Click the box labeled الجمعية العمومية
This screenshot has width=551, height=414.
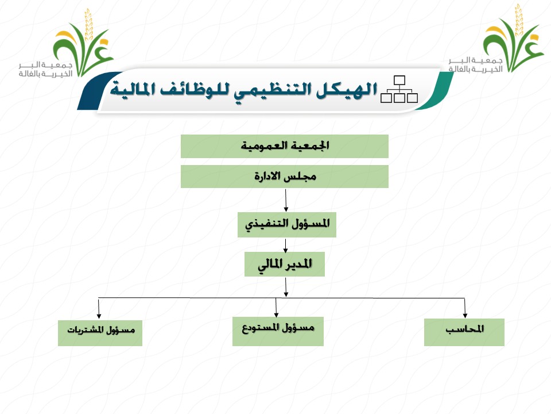pos(284,146)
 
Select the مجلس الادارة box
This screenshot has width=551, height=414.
pos(284,177)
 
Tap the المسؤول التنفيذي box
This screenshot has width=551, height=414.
pos(287,225)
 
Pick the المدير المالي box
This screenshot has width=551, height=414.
pos(285,264)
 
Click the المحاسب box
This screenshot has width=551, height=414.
pos(464,332)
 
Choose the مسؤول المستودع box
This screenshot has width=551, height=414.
pos(278,331)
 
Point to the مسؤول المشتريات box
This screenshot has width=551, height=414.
pos(100,333)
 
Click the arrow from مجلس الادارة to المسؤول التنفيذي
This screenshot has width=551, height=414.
pos(286,200)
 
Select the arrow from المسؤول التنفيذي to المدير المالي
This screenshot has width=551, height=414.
pos(285,246)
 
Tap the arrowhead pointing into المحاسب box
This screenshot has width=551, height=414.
pos(465,315)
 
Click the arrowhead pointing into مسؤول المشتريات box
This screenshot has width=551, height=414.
pos(99,316)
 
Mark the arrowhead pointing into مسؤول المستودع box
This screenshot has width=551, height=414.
pos(277,314)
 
